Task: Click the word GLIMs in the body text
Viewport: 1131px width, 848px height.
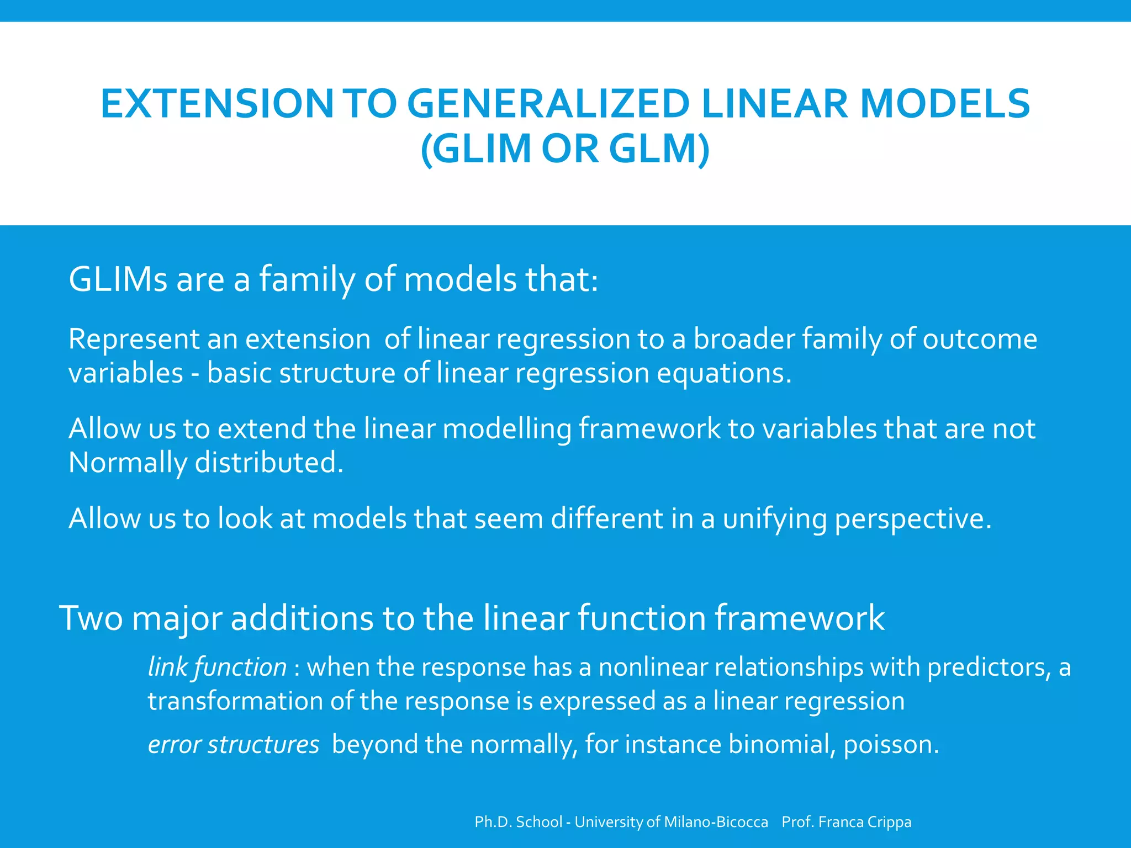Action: point(118,279)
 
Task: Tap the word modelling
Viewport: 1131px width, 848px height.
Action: point(507,429)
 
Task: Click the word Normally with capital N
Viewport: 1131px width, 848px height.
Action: point(128,463)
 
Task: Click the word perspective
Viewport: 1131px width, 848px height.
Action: point(913,519)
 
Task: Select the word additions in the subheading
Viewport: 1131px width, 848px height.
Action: point(302,618)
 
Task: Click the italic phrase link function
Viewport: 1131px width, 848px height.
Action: point(217,667)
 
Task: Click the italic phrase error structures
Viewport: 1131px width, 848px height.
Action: point(234,745)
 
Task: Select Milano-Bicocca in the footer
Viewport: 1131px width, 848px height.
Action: point(716,822)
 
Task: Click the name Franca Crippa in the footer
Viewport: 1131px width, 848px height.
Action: point(865,822)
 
